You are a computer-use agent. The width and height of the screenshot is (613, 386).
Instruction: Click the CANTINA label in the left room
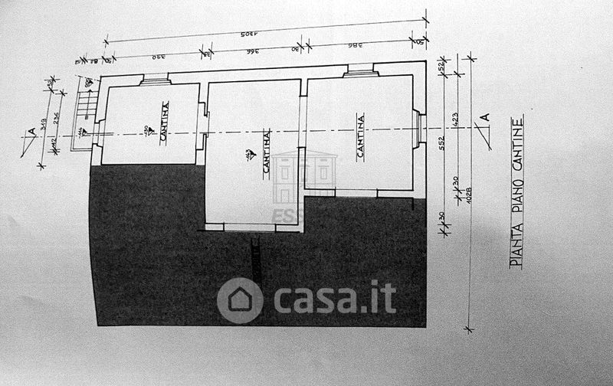164,122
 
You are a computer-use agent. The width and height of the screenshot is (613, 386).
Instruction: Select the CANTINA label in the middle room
267,153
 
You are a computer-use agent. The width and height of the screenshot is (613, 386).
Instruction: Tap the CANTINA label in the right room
360,136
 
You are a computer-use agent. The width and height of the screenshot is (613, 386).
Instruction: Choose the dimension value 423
456,119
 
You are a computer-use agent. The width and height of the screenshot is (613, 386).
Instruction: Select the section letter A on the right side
484,119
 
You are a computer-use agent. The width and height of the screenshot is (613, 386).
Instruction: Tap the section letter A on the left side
31,132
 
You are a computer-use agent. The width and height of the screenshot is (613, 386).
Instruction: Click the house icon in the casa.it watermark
240,299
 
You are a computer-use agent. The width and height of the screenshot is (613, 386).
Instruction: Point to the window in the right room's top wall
359,72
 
